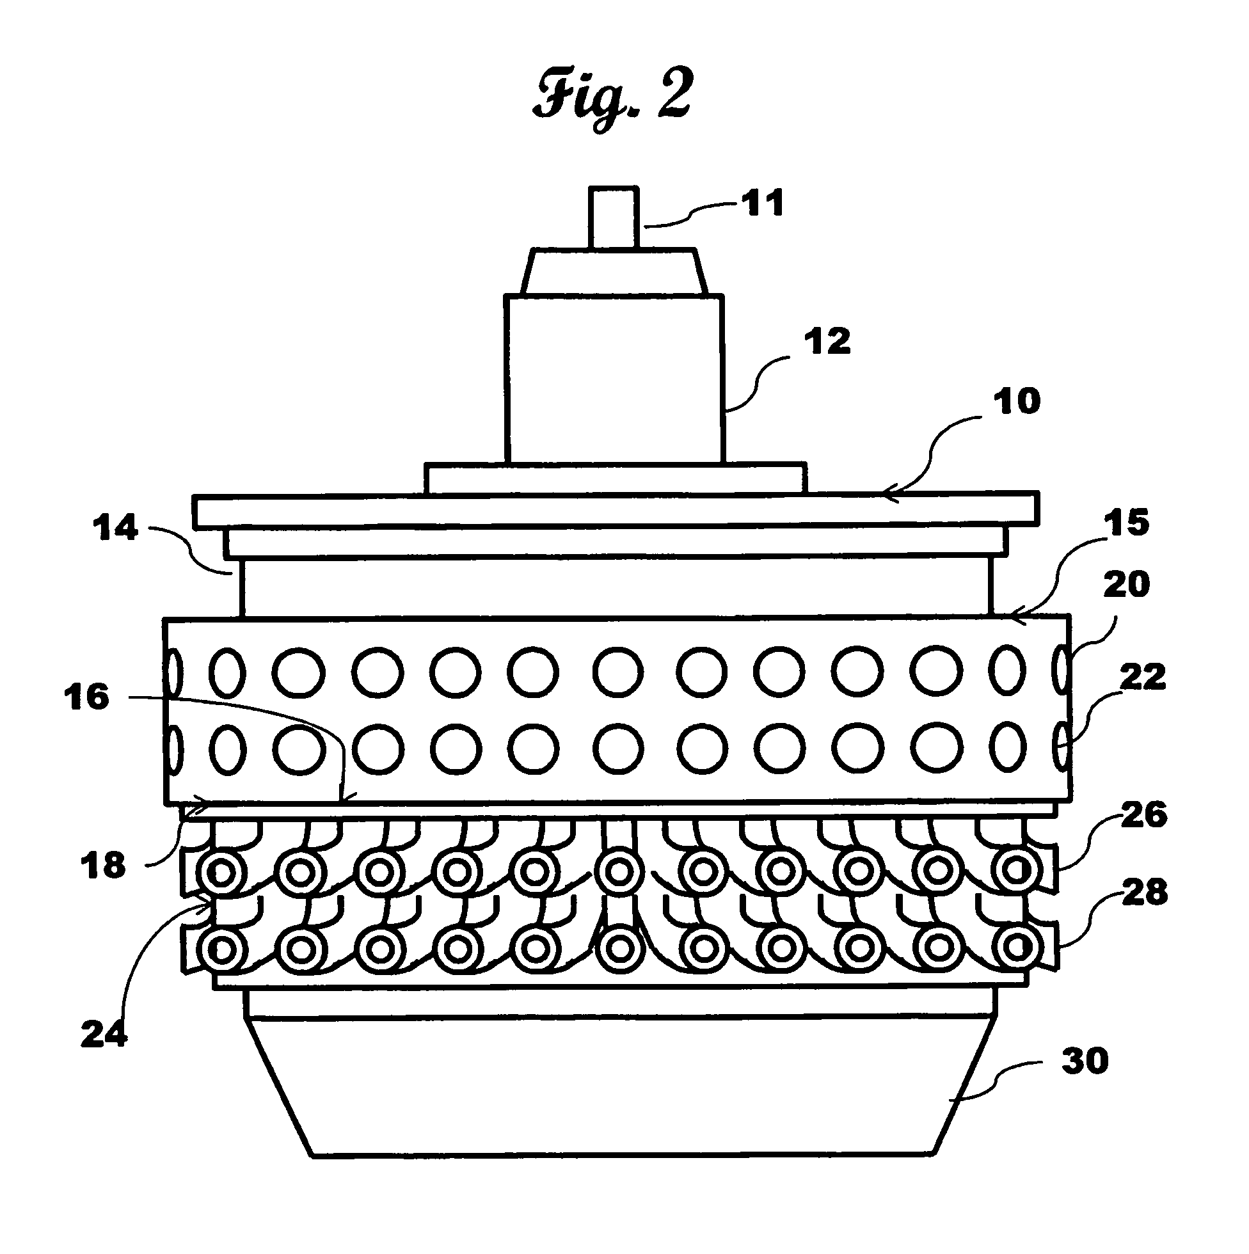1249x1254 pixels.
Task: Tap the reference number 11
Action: [762, 203]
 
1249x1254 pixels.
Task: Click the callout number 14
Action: [115, 528]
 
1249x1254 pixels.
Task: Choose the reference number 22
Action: [1143, 677]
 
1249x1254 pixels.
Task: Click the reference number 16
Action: [86, 698]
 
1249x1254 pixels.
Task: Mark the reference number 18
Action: [102, 866]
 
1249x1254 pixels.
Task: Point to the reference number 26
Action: [1144, 816]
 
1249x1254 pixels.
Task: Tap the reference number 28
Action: [1145, 893]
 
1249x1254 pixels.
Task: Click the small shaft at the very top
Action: [614, 218]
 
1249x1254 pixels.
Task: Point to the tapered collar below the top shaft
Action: [614, 271]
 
